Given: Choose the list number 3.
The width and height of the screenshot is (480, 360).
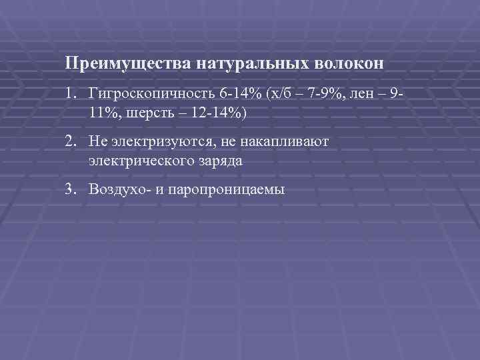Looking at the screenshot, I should pyautogui.click(x=71, y=189).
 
